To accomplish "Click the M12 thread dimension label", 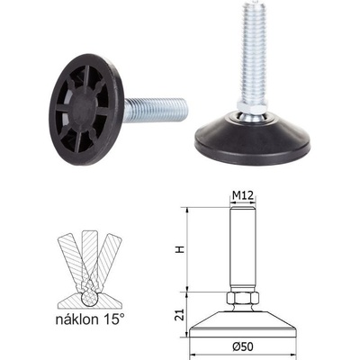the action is [243, 196].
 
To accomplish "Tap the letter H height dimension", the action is [180, 249].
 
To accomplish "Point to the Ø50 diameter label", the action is [243, 346].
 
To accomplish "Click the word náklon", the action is [76, 319].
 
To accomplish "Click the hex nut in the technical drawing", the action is [242, 298].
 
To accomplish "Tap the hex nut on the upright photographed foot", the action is [252, 105].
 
